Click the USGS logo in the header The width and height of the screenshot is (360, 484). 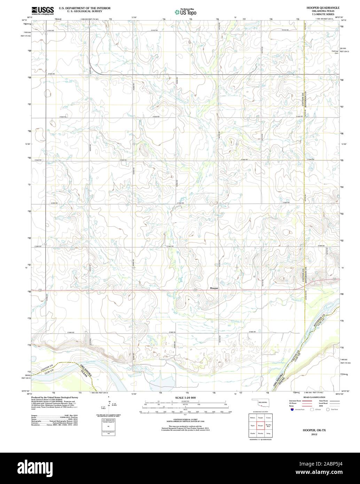[x=42, y=10]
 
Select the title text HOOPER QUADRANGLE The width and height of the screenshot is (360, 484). [x=323, y=7]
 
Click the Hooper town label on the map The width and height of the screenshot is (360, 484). [x=214, y=288]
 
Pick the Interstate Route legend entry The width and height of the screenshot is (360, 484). [x=295, y=401]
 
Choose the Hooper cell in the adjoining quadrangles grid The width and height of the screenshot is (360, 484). [x=260, y=426]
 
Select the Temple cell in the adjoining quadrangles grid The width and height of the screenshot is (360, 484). [x=260, y=417]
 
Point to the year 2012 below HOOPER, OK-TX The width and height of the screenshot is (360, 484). [x=314, y=435]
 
